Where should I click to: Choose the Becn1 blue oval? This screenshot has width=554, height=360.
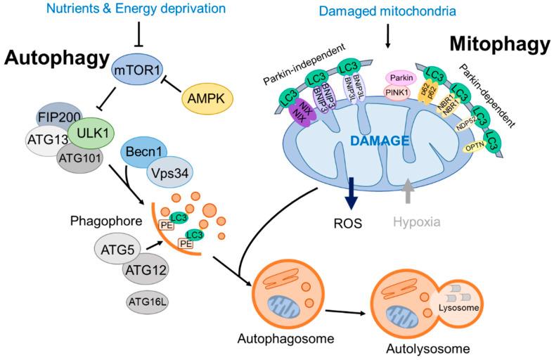point(148,152)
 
